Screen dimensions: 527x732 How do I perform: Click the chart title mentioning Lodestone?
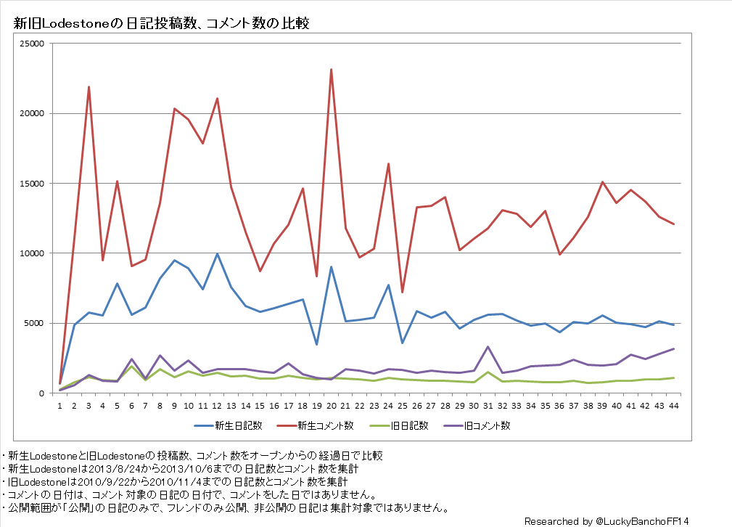point(161,23)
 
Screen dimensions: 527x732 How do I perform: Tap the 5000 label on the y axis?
point(36,324)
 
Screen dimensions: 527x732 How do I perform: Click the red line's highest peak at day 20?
point(331,70)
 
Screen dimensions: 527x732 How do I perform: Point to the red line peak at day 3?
point(89,87)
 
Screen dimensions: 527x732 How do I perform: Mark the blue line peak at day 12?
point(217,254)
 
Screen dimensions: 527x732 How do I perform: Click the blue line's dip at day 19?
point(317,344)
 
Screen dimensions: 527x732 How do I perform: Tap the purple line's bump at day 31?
point(488,347)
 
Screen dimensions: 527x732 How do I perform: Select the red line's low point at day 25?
point(403,293)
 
